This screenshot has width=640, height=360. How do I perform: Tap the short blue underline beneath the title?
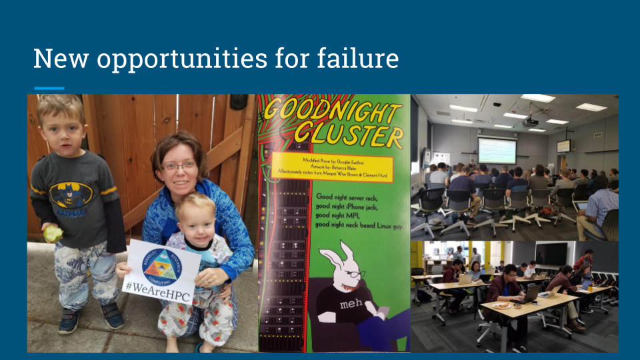point(49,88)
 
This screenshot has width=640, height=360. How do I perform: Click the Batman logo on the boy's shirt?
point(70,195)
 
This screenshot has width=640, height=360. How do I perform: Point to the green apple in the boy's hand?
point(53,234)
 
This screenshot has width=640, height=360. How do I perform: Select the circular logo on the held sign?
point(160,264)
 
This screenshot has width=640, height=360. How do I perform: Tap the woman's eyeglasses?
point(178,165)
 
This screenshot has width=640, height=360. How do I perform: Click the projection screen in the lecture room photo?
point(497,150)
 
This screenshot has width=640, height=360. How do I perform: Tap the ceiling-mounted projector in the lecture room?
point(529,122)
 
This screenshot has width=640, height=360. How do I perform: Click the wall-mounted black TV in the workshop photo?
point(551,253)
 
